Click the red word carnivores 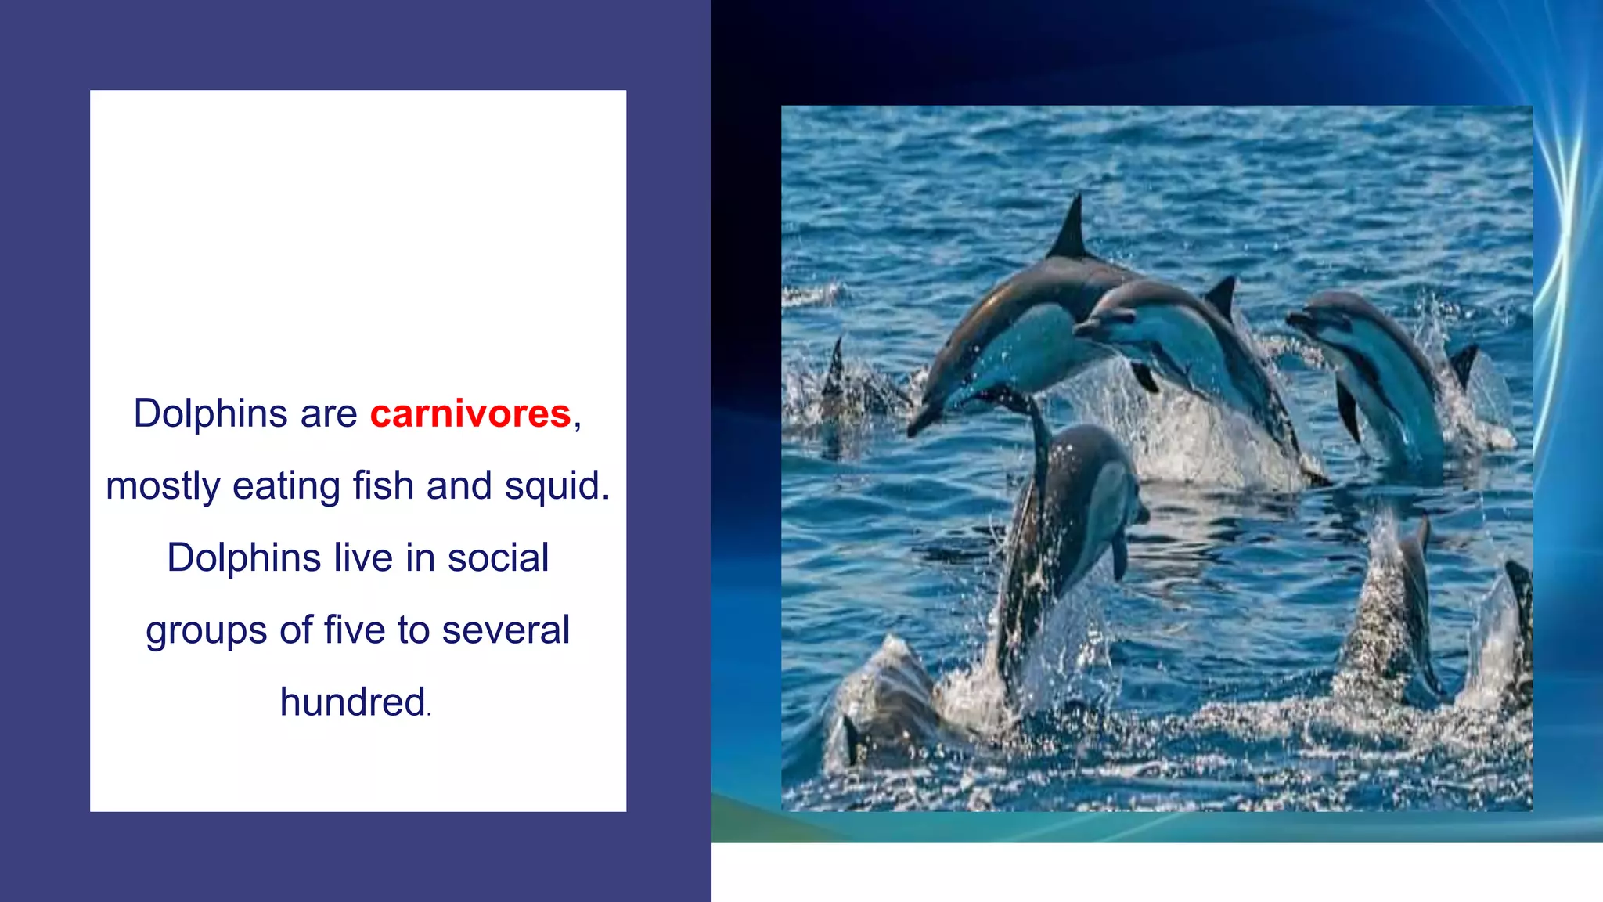pyautogui.click(x=470, y=413)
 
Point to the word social pyautogui.click(x=498, y=557)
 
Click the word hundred pyautogui.click(x=353, y=702)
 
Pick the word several pyautogui.click(x=506, y=630)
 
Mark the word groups pyautogui.click(x=206, y=631)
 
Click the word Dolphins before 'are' pyautogui.click(x=211, y=413)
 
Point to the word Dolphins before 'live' pyautogui.click(x=244, y=557)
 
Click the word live pyautogui.click(x=363, y=557)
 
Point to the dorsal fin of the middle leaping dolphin pyautogui.click(x=1221, y=298)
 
